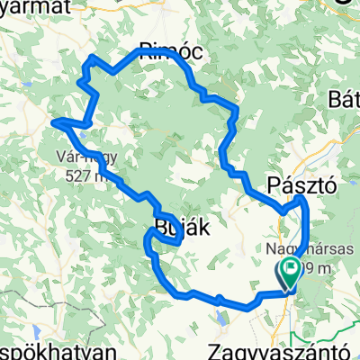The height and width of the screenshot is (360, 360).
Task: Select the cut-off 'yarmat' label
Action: point(36,7)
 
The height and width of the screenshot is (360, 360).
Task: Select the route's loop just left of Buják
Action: point(149,236)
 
